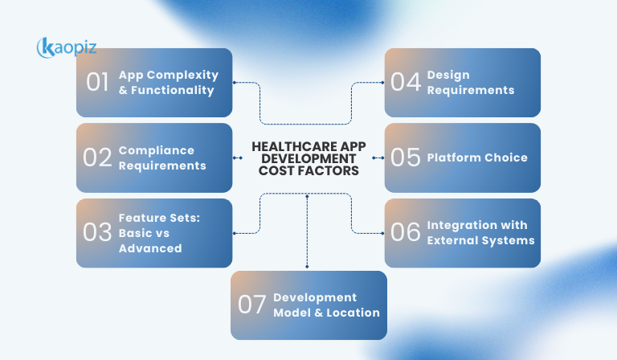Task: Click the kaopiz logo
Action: point(67,47)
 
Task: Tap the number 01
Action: point(97,83)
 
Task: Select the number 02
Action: point(97,157)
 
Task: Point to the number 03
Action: point(97,233)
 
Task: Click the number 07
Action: point(251,305)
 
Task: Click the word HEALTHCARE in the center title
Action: point(281,147)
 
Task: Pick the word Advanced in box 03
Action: point(150,248)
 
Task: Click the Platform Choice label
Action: point(477,157)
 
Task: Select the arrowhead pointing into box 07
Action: point(308,266)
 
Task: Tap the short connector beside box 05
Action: point(378,157)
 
